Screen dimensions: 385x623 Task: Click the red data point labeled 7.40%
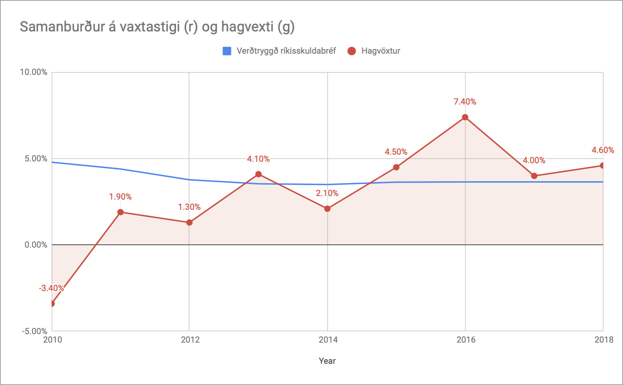tap(465, 117)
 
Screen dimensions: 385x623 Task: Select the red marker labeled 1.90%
tap(120, 212)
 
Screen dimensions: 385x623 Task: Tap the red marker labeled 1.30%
tap(189, 223)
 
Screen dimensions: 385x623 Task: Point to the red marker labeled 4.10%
tap(259, 174)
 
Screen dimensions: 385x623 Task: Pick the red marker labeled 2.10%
tap(327, 209)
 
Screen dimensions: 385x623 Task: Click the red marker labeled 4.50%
tap(396, 167)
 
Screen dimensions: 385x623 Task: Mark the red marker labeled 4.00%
tap(534, 176)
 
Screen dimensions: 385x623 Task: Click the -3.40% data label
tap(52, 288)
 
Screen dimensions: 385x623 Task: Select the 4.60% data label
tap(603, 150)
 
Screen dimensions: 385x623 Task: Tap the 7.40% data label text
tap(465, 102)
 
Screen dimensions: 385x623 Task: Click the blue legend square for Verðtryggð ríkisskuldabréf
tap(227, 51)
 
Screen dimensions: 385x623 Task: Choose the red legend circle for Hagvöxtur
tap(351, 51)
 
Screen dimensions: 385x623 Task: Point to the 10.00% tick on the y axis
tap(34, 72)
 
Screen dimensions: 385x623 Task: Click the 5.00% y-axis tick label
tap(36, 159)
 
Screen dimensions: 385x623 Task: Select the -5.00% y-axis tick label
tap(35, 331)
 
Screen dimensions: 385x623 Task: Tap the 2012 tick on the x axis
tap(190, 340)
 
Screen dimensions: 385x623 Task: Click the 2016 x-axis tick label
tap(466, 340)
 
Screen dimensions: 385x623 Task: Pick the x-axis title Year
tap(327, 361)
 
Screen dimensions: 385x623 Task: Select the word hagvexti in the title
tap(247, 27)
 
